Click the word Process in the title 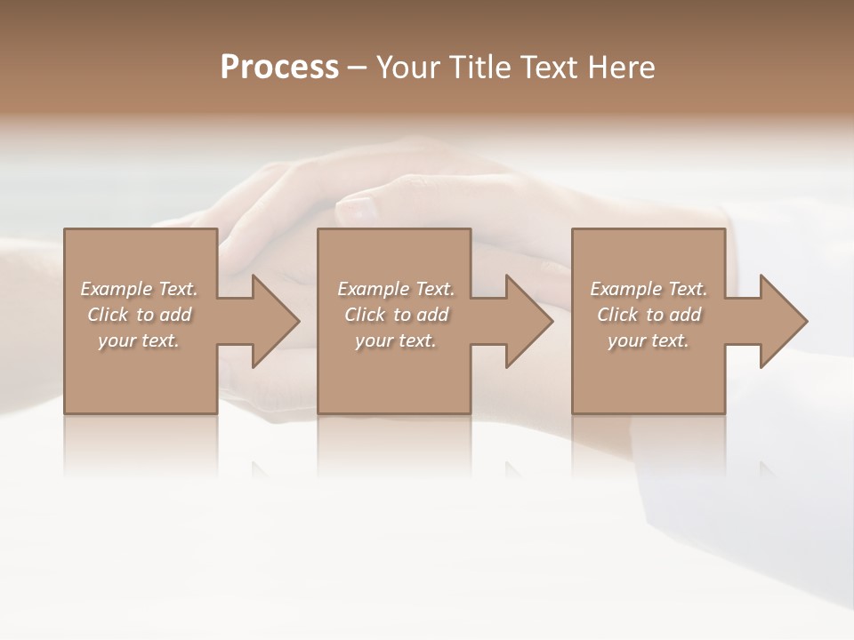click(x=279, y=68)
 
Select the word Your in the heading click(x=407, y=68)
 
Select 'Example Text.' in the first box click(x=139, y=289)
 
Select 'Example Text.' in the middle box click(x=396, y=289)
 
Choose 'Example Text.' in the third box click(x=649, y=289)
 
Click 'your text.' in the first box click(x=139, y=340)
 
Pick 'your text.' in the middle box click(x=396, y=340)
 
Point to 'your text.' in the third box click(x=649, y=340)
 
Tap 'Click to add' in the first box click(x=139, y=315)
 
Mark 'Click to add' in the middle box click(x=396, y=315)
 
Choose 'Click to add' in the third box click(x=649, y=315)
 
